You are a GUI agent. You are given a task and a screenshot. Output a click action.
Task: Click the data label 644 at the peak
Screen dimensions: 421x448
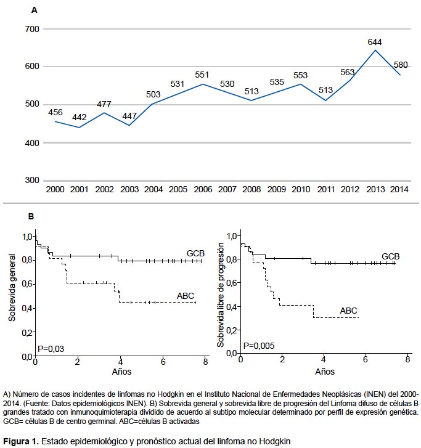374,43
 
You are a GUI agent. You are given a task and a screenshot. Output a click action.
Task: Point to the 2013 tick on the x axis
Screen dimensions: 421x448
375,189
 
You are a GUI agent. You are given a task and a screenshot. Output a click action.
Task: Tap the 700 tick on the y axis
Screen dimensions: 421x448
32,29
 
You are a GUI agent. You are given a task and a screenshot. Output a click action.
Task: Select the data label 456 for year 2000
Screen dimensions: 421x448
55,112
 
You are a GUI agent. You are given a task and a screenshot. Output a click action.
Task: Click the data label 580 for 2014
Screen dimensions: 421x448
401,65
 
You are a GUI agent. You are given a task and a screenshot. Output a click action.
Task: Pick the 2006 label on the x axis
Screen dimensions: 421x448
203,189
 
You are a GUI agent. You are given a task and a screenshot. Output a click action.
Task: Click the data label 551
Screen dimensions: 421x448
202,75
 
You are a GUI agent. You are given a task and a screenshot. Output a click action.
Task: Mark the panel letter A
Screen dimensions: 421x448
35,10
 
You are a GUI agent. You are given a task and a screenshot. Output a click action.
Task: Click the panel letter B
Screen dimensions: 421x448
31,216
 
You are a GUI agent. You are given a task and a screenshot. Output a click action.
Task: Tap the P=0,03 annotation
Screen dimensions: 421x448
51,349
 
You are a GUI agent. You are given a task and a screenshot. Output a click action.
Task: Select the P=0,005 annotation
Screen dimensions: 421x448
259,346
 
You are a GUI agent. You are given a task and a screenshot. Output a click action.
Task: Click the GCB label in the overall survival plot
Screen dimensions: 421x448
195,253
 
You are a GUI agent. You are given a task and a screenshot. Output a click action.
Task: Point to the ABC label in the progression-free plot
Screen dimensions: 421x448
348,311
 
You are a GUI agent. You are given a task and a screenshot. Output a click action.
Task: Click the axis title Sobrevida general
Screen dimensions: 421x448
12,288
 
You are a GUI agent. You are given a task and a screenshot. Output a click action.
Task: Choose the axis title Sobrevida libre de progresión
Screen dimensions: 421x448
220,295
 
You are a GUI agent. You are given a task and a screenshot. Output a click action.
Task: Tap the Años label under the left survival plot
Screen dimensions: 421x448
121,372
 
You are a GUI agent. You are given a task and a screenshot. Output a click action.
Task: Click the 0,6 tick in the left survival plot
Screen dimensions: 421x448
27,284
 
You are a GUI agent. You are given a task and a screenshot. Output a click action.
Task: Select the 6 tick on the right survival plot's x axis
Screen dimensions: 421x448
366,359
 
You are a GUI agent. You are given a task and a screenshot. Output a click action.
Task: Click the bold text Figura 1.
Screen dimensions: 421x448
20,441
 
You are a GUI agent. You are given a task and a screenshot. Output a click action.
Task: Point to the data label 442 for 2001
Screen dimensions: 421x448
79,118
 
